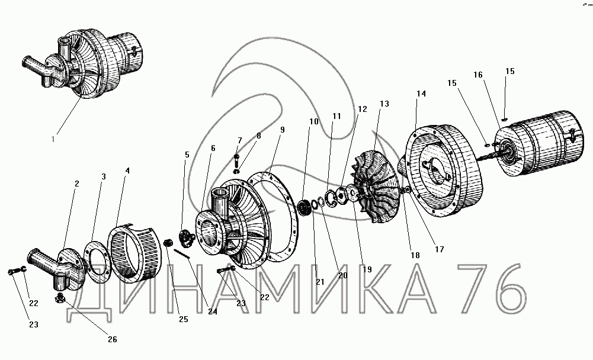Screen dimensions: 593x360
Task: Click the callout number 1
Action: click(x=53, y=139)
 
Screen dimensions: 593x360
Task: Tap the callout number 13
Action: click(x=384, y=104)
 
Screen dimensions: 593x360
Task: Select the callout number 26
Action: click(x=113, y=339)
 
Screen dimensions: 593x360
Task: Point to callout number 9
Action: click(x=282, y=130)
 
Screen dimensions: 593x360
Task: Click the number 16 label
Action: click(x=478, y=75)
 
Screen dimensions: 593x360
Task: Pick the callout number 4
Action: click(x=127, y=171)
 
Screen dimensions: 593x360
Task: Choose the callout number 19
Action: click(x=367, y=269)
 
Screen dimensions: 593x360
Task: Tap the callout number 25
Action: click(x=184, y=319)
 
